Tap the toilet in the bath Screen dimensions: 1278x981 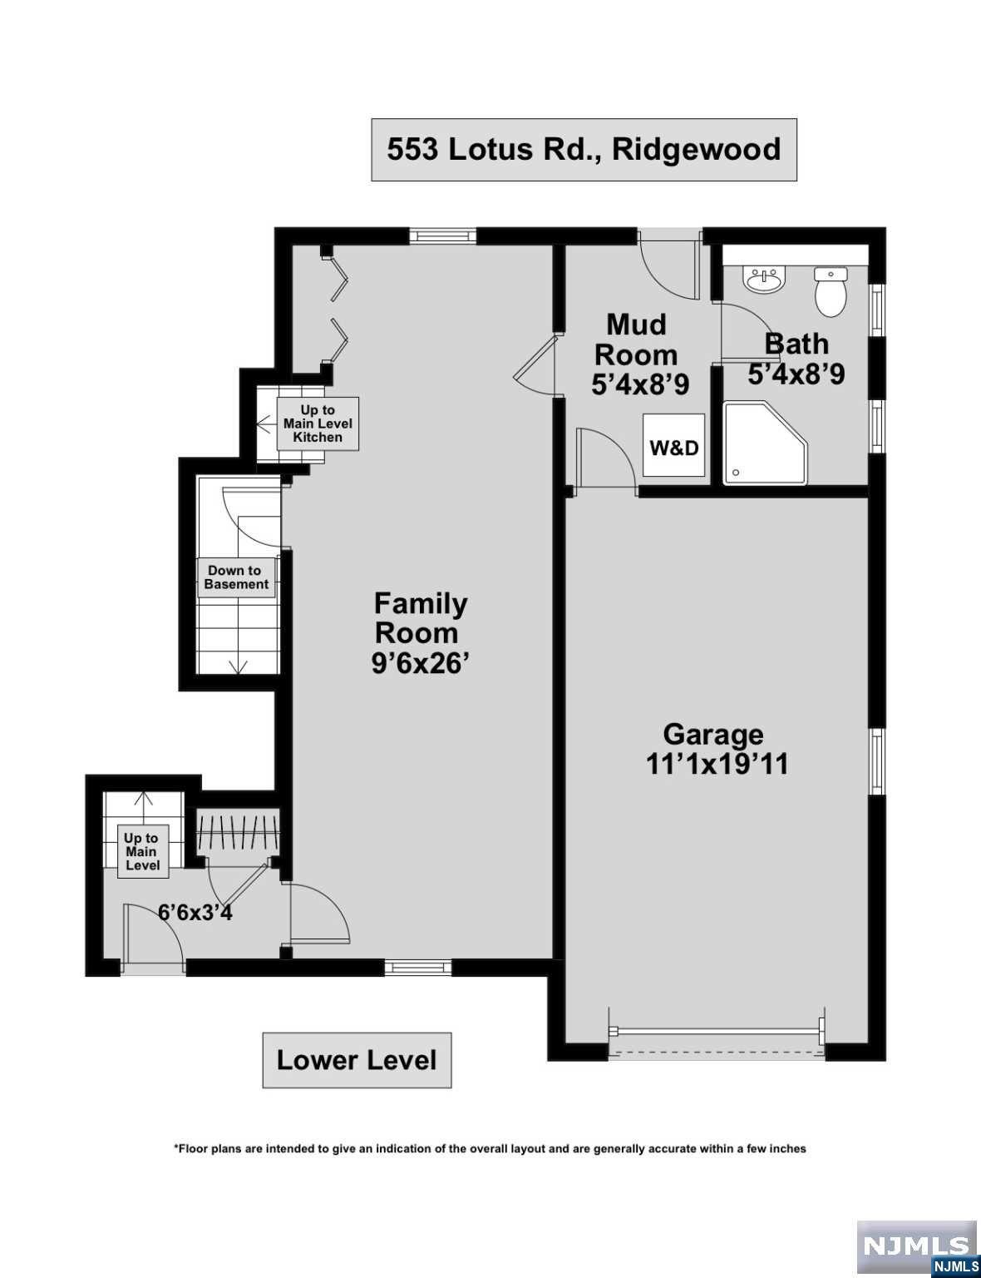[830, 291]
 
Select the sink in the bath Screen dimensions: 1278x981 [764, 280]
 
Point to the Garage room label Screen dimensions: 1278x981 [712, 734]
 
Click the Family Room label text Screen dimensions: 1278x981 [420, 617]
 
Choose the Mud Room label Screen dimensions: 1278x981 [635, 339]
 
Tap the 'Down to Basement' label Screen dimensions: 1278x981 [236, 577]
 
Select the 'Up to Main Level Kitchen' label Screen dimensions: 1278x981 [318, 424]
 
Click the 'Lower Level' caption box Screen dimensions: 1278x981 [357, 1060]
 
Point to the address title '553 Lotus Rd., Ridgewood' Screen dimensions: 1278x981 [584, 150]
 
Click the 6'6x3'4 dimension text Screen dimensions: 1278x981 [195, 913]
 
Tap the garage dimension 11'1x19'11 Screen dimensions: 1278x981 [717, 764]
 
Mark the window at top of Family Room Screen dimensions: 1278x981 [443, 236]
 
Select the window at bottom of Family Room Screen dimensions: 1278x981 [417, 967]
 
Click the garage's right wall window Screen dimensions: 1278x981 [876, 762]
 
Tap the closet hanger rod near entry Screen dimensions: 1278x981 [237, 832]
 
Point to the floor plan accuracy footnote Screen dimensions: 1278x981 [490, 1148]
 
